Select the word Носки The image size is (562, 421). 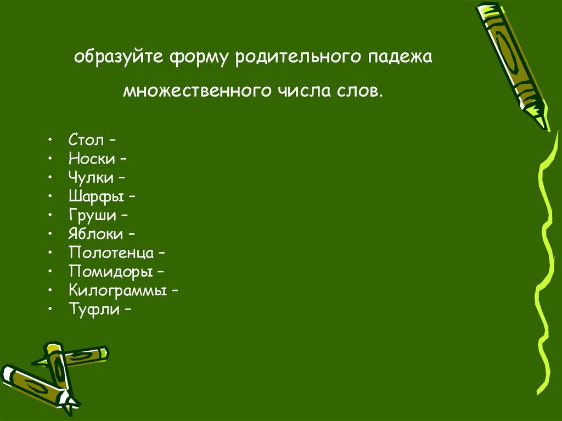[92, 159]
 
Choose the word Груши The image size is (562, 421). [91, 216]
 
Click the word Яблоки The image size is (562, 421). [95, 234]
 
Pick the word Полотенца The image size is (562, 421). [110, 253]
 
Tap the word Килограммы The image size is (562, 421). [117, 291]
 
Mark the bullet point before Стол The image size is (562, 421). [50, 141]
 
